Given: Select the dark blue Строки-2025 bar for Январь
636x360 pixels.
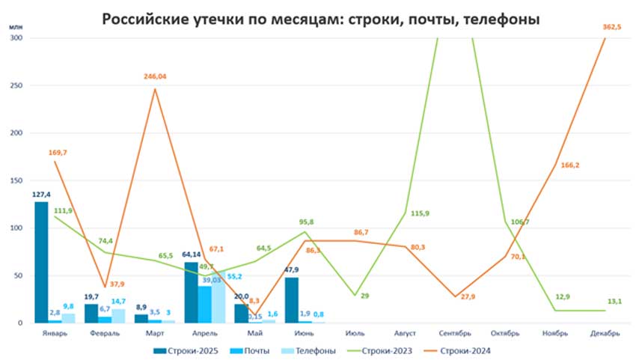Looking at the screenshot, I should (x=40, y=262).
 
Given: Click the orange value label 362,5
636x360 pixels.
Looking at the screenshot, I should (x=613, y=27).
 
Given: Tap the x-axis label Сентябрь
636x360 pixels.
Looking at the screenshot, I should (x=455, y=333).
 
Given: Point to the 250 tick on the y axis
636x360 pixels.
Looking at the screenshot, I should (x=16, y=85).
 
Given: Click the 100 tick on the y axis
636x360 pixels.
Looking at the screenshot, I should (x=16, y=228).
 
